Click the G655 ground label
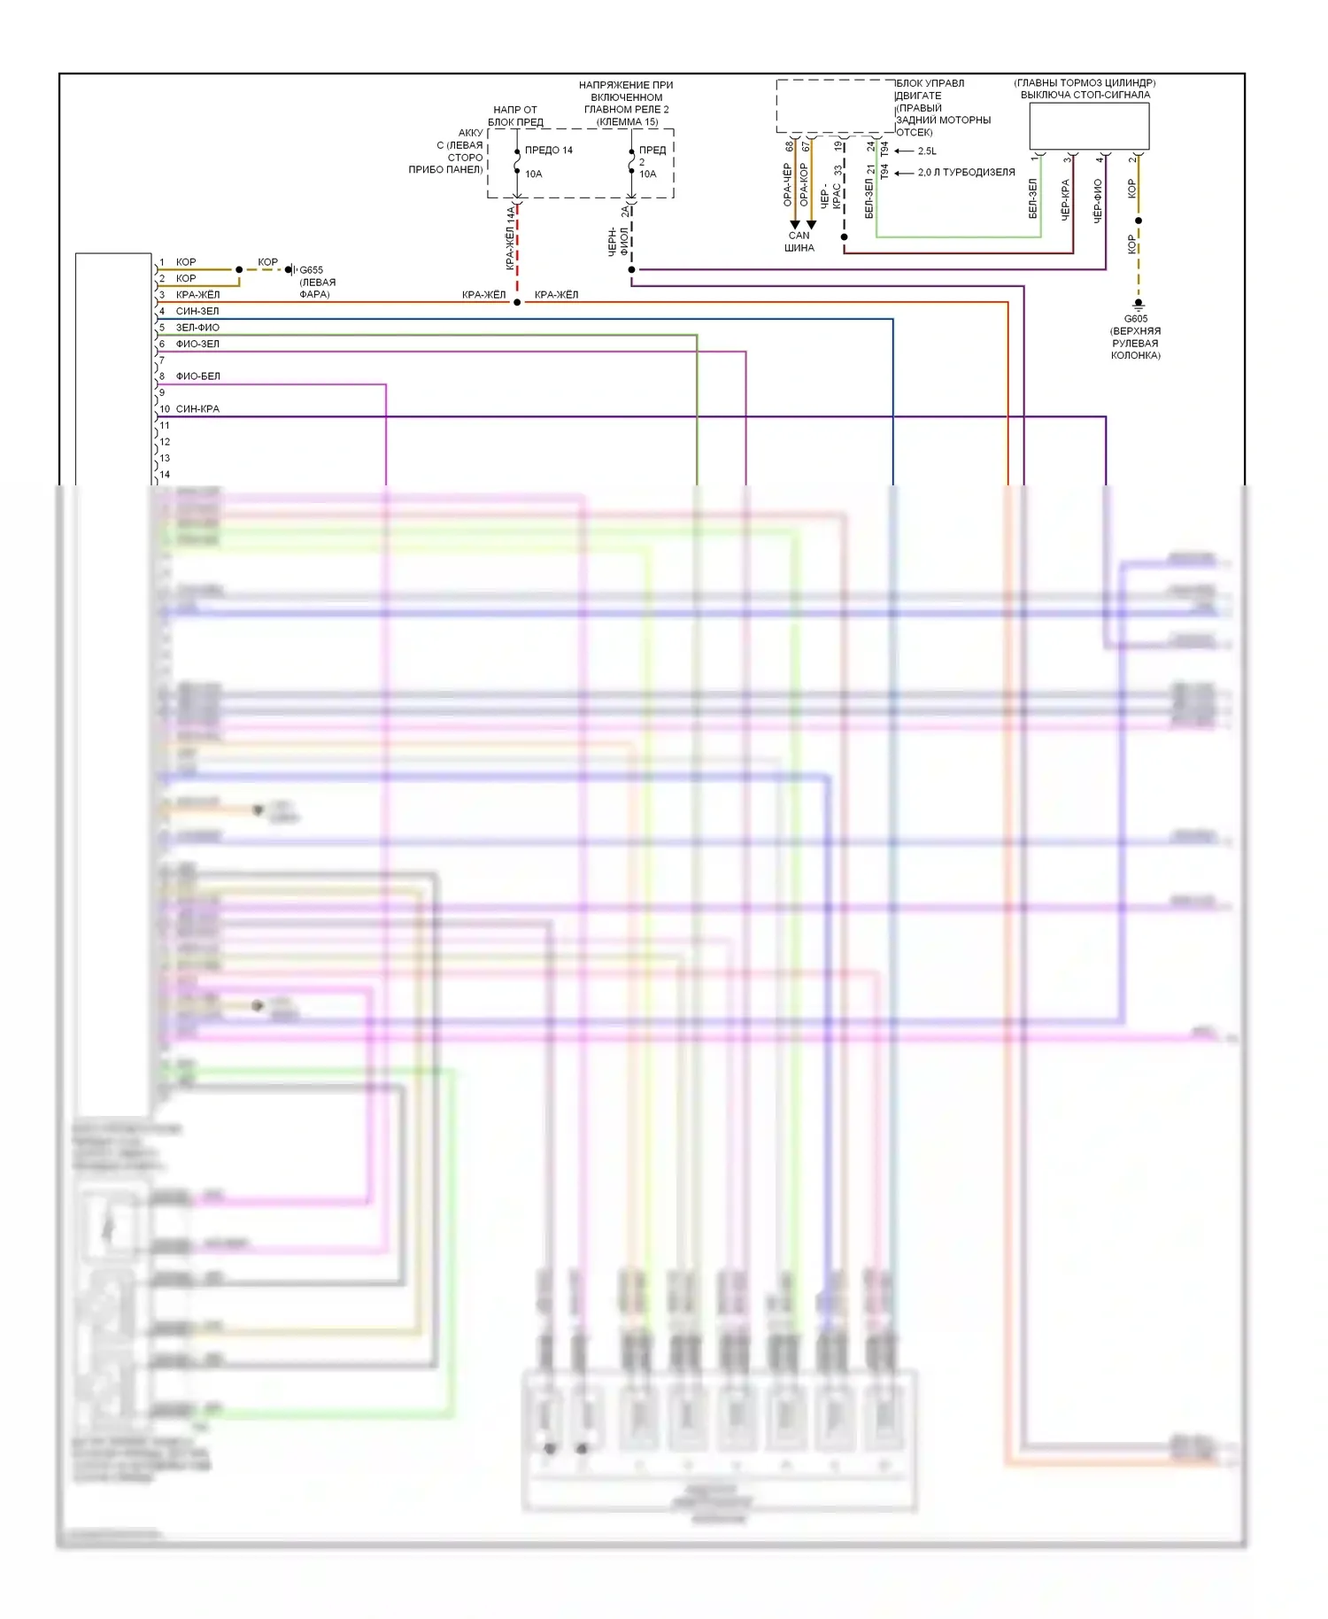[311, 270]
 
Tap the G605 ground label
[1136, 319]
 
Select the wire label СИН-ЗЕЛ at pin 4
[197, 311]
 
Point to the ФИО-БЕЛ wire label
[197, 376]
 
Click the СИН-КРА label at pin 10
[197, 409]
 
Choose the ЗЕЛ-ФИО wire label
[197, 328]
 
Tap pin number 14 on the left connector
[165, 475]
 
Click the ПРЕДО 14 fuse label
[549, 151]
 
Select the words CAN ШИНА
[799, 242]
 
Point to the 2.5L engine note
[927, 151]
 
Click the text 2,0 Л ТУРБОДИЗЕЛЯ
[966, 173]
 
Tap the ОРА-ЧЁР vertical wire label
[787, 185]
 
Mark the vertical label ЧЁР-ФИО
[1098, 200]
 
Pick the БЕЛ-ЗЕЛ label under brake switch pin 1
[1032, 198]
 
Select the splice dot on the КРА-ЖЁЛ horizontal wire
[517, 303]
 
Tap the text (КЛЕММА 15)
[627, 122]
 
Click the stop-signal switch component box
[1089, 126]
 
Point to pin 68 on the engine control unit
[790, 146]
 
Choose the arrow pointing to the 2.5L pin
[903, 151]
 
